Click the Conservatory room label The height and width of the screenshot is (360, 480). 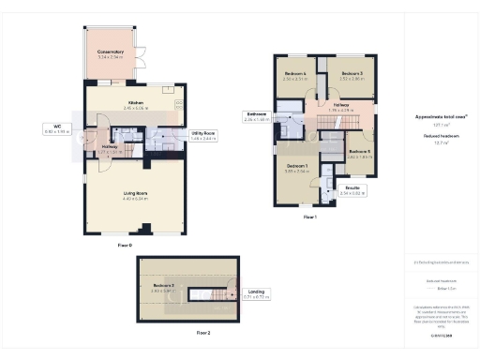click(111, 53)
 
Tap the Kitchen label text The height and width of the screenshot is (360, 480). click(134, 104)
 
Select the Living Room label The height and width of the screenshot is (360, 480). click(135, 194)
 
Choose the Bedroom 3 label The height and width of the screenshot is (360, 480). click(352, 74)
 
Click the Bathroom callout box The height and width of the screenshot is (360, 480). click(256, 117)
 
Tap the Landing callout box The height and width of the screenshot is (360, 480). click(254, 294)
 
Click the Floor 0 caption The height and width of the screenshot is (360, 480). click(125, 245)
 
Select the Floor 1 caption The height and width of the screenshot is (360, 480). click(309, 217)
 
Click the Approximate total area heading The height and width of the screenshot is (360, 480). click(441, 117)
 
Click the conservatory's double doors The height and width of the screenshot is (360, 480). click(142, 59)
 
